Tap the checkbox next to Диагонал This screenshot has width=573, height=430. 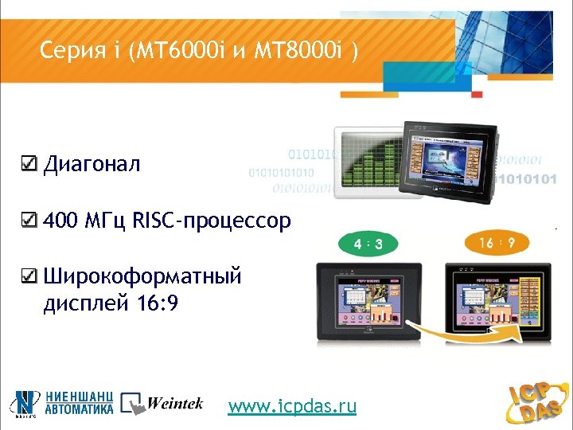click(28, 165)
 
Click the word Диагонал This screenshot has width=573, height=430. click(92, 165)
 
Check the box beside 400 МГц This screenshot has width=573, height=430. click(28, 220)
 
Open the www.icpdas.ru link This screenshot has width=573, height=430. click(292, 407)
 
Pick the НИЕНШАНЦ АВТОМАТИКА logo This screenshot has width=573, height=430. click(63, 404)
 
